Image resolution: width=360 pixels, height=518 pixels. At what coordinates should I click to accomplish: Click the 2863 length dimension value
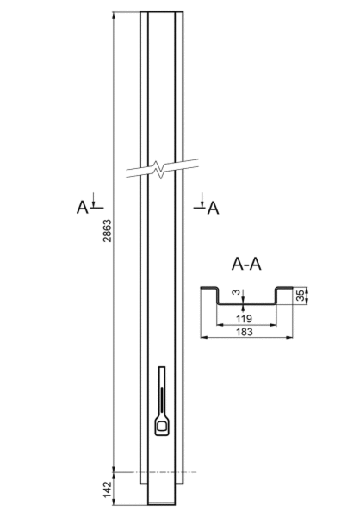click(x=108, y=231)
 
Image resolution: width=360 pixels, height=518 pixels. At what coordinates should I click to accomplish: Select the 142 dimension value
click(x=108, y=489)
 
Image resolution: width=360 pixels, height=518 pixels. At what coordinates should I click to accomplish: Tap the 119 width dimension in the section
click(x=245, y=319)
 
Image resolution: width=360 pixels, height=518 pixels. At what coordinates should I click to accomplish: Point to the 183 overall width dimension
click(x=245, y=332)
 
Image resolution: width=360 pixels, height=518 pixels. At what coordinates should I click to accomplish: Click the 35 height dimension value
click(x=300, y=295)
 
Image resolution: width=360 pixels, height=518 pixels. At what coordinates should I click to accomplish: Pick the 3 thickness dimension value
click(x=236, y=292)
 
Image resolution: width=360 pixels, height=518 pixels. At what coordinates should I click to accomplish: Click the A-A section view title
click(x=246, y=265)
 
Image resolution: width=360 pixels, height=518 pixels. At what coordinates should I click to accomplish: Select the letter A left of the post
click(x=83, y=208)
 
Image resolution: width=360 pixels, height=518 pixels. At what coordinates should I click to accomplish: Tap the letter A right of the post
click(x=213, y=208)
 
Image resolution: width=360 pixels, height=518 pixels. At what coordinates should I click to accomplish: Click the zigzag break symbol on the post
click(x=161, y=169)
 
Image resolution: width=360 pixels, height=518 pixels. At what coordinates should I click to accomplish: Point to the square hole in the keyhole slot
click(x=162, y=426)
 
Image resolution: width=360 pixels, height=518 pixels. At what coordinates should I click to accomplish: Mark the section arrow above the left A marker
click(x=93, y=200)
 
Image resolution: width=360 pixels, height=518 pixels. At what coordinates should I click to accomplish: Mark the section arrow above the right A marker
click(x=202, y=200)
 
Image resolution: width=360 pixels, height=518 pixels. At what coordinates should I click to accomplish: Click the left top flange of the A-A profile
click(x=208, y=288)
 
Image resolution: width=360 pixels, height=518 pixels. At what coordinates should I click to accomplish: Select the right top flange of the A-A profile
click(x=284, y=288)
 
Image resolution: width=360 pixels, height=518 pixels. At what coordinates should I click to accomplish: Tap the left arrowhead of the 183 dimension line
click(x=204, y=337)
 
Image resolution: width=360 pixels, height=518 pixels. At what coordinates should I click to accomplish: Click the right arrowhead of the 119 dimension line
click(x=273, y=325)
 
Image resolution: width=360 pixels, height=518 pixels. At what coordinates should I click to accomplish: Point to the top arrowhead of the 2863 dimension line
click(x=114, y=16)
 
